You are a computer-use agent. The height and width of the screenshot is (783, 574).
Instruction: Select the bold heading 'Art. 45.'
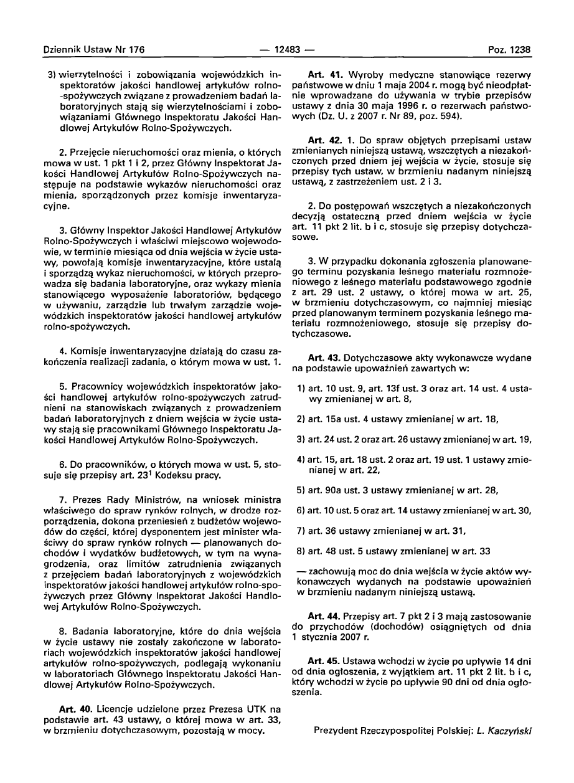(x=325, y=660)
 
